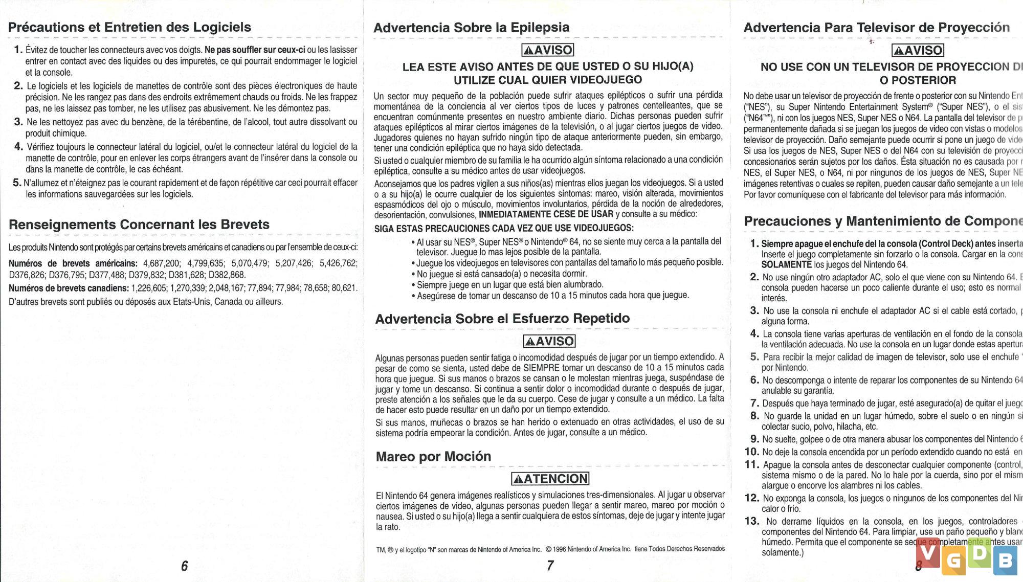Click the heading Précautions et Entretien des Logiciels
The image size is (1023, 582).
pyautogui.click(x=129, y=27)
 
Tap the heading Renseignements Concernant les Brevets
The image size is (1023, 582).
pyautogui.click(x=139, y=225)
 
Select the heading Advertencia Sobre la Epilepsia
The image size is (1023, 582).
pyautogui.click(x=471, y=28)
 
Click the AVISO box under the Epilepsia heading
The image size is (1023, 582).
pyautogui.click(x=547, y=50)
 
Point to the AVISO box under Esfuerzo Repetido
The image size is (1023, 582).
pyautogui.click(x=549, y=341)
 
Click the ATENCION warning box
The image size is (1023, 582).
pyautogui.click(x=550, y=479)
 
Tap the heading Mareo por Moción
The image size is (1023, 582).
pyautogui.click(x=433, y=456)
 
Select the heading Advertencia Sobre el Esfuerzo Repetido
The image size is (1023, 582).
pyautogui.click(x=502, y=319)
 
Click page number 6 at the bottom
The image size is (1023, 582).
pyautogui.click(x=184, y=566)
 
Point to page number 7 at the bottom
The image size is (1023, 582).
pyautogui.click(x=550, y=566)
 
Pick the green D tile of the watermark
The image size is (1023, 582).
pyautogui.click(x=980, y=553)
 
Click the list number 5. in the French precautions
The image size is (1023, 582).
pyautogui.click(x=17, y=183)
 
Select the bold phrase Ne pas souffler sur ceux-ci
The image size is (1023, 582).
pyautogui.click(x=255, y=50)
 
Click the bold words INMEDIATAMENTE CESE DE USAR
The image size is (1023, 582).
pyautogui.click(x=546, y=214)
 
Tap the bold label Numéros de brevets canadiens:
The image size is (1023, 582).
pyautogui.click(x=69, y=288)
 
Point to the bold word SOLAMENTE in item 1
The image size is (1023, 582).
pyautogui.click(x=786, y=264)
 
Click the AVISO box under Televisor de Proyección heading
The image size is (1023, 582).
pyautogui.click(x=917, y=50)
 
